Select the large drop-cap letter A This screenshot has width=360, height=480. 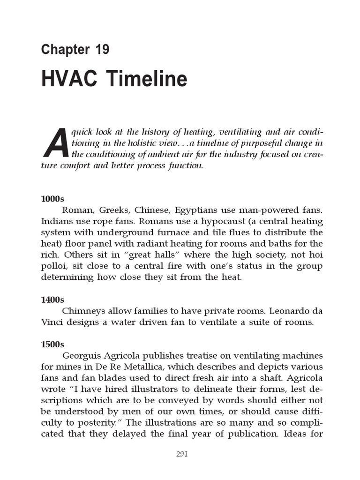[55, 142]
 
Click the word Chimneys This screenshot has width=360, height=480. [83, 311]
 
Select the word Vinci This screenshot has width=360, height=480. [52, 322]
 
